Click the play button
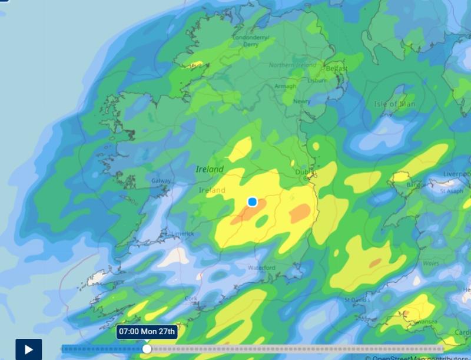point(28,349)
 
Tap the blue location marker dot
point(253,202)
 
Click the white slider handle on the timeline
point(147,349)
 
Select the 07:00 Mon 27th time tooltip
point(147,331)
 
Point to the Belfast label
point(337,69)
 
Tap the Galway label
point(161,181)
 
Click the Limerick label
point(183,233)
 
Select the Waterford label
point(261,267)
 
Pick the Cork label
point(191,299)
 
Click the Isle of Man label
point(394,104)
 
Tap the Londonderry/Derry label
point(251,40)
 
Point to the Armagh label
point(286,86)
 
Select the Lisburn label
point(317,80)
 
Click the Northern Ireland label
point(293,65)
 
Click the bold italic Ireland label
point(210,169)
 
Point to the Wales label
point(431,263)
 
